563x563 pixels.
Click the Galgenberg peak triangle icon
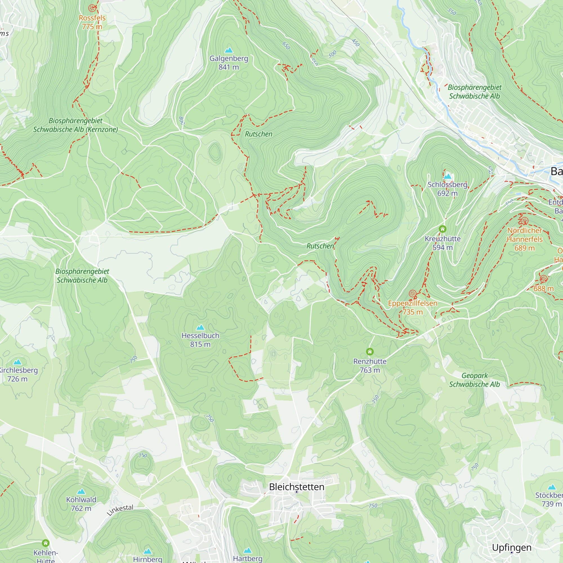pos(229,50)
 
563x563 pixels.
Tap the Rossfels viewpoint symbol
pos(92,8)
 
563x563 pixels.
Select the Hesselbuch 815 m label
pos(200,340)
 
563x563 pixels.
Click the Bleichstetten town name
pos(296,487)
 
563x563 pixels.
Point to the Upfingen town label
pos(511,548)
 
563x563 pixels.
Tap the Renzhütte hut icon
pos(370,352)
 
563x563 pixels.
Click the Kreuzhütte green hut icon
pos(442,229)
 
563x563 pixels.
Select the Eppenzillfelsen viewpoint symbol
pos(412,293)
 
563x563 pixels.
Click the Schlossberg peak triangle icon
pos(447,176)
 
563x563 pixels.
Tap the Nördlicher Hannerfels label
pos(524,235)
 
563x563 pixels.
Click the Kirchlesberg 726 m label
pos(18,374)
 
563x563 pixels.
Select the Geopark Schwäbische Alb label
pos(474,380)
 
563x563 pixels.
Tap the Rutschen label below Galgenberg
pos(258,134)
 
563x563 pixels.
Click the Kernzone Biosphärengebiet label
pos(75,125)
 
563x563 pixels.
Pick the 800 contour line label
pos(182,121)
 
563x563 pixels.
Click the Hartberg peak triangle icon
pos(247,550)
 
